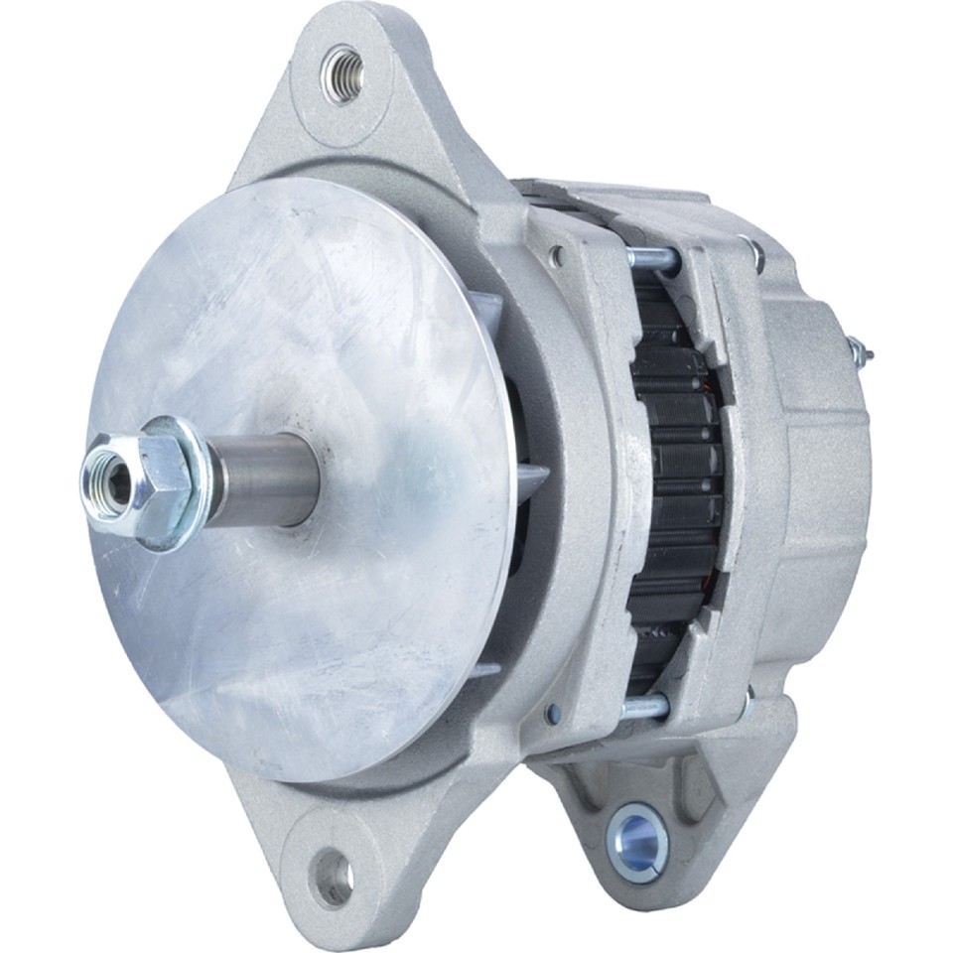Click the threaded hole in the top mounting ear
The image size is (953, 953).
point(342,73)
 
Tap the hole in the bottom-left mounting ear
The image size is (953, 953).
point(332,877)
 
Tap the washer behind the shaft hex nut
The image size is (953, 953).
point(184,483)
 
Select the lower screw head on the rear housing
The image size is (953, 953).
point(747,707)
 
